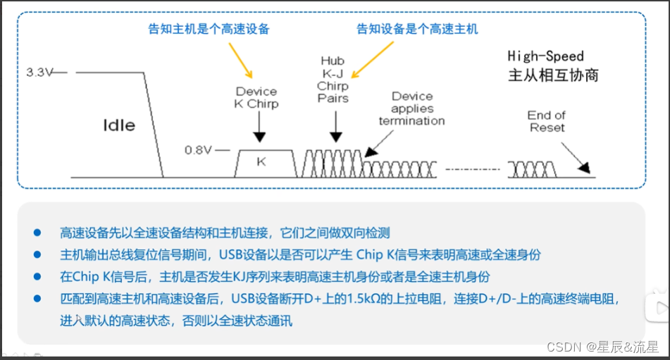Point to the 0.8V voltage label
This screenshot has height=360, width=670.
(x=197, y=149)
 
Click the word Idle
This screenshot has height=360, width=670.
(x=119, y=125)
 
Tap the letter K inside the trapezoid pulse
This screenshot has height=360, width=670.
(x=261, y=161)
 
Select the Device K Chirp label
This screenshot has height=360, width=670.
(x=256, y=97)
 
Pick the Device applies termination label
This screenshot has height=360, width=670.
(x=411, y=108)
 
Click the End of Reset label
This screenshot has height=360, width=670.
(x=547, y=121)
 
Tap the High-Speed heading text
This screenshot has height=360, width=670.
(x=545, y=56)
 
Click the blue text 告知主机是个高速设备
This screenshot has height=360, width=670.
(x=209, y=29)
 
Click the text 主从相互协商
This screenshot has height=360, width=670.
(x=553, y=75)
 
